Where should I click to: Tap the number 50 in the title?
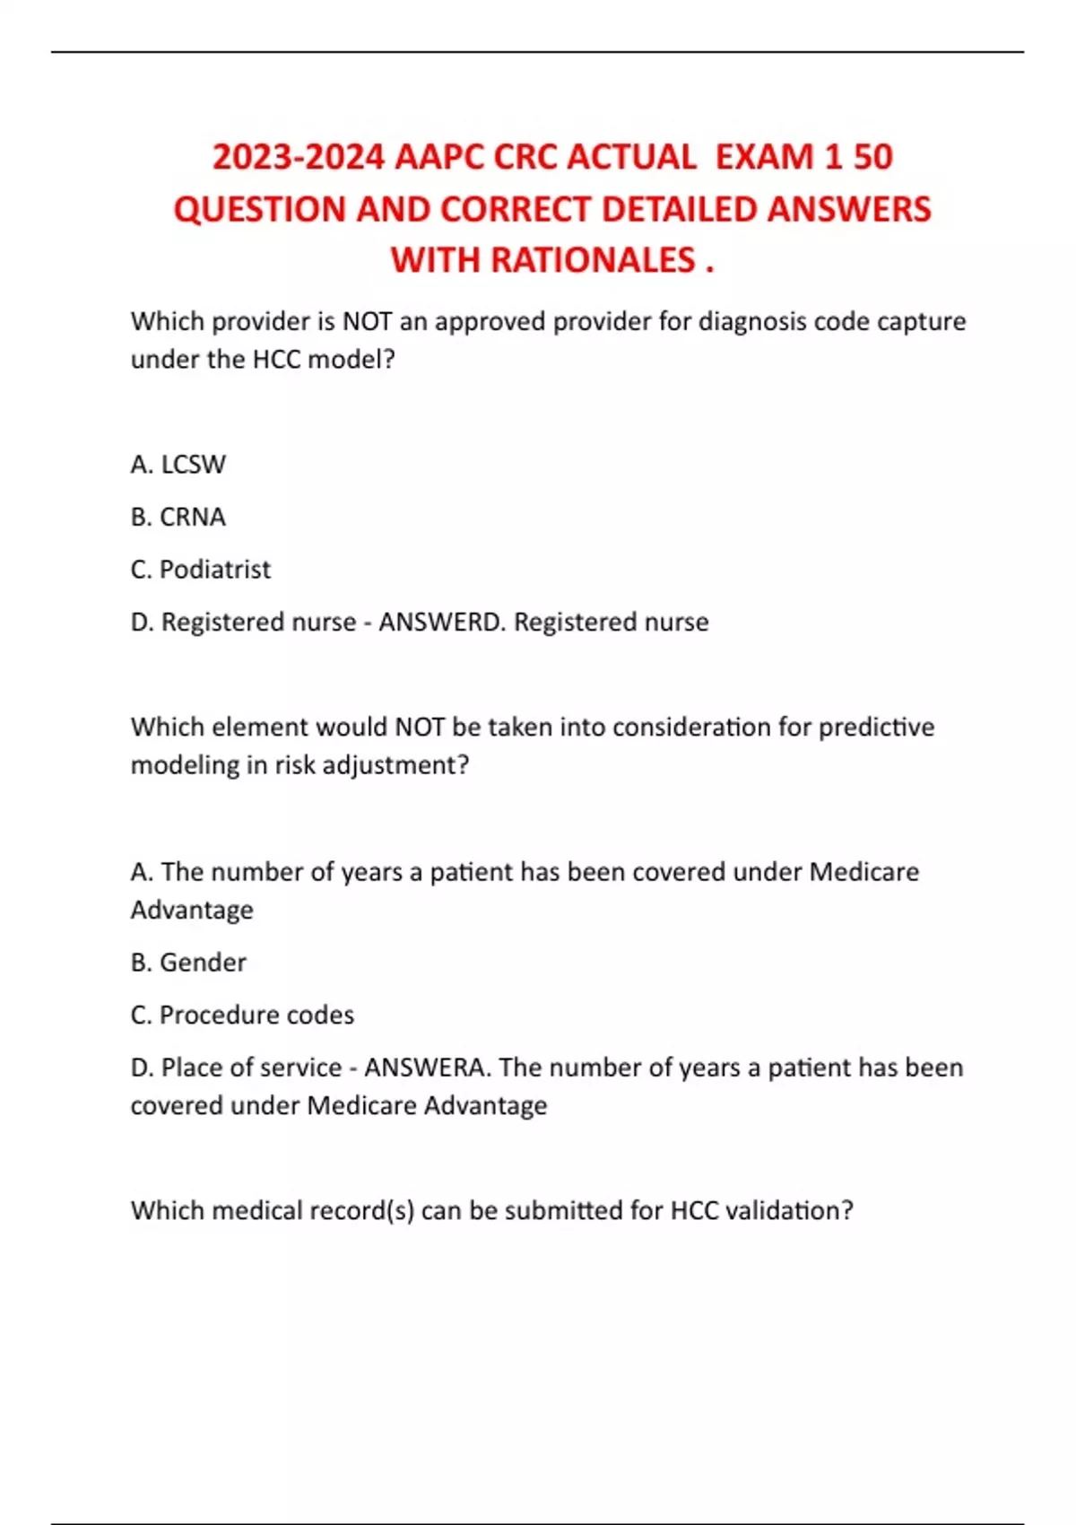point(872,157)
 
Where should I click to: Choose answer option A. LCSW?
point(178,465)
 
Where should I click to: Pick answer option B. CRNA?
point(178,517)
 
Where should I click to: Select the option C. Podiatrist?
point(200,570)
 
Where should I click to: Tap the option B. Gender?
point(188,963)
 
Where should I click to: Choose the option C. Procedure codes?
point(242,1015)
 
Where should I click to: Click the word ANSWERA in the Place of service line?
point(427,1067)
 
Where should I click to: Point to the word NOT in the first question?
point(367,321)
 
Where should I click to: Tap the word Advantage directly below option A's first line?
point(192,910)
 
